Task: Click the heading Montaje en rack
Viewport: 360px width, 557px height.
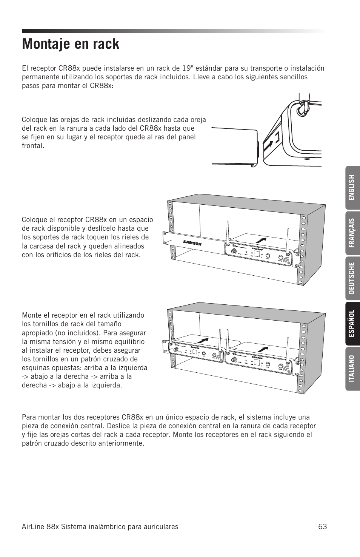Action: click(71, 44)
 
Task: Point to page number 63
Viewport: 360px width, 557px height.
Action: click(322, 526)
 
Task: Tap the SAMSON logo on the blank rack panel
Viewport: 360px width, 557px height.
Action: click(192, 243)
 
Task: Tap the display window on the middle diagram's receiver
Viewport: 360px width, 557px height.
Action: click(256, 255)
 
